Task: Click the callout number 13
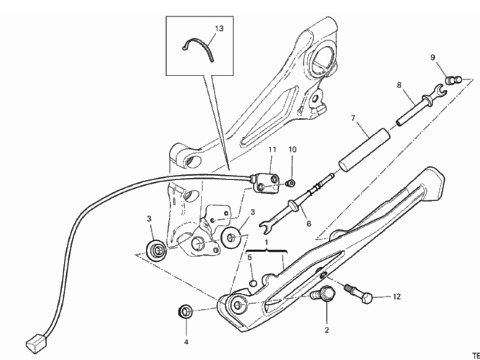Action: coord(219,28)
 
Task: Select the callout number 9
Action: coord(432,57)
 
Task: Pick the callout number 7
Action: coord(353,118)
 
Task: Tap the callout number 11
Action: coord(272,150)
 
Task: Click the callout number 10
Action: coord(292,149)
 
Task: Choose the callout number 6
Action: coord(308,224)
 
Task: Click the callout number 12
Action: coord(396,296)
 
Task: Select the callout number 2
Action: coord(327,330)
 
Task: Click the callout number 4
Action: coord(186,342)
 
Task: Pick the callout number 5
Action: coord(249,257)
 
